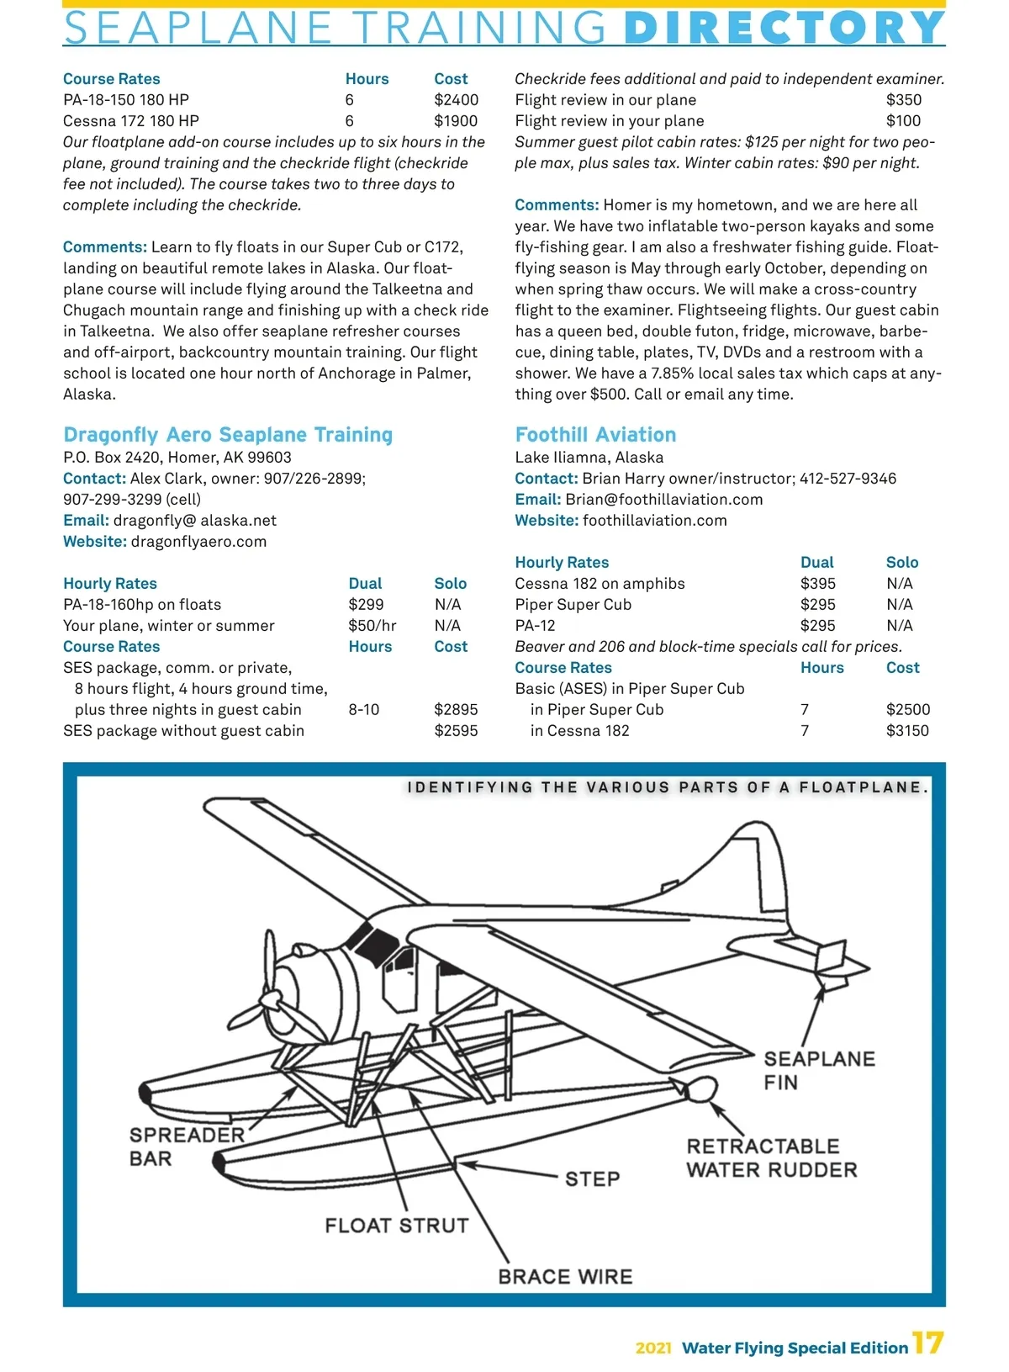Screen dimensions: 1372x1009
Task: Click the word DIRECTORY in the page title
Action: [784, 28]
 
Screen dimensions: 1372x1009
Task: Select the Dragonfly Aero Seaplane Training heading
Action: [228, 435]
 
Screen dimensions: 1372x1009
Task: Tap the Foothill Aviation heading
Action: [595, 435]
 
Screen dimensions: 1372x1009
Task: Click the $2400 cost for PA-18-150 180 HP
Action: [456, 100]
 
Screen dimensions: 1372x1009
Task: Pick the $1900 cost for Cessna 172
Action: [456, 121]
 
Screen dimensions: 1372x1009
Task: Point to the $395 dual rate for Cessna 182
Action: [817, 584]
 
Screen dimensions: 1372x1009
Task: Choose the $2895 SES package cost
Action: [456, 710]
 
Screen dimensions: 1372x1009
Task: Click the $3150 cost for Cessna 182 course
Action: [907, 731]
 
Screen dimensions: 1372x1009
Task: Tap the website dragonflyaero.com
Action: [198, 542]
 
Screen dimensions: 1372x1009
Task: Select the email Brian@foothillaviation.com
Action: [663, 500]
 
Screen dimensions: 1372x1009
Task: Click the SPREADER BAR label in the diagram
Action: [186, 1147]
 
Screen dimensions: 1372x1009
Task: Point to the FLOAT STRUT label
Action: [397, 1226]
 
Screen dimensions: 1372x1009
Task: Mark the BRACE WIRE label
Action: [565, 1277]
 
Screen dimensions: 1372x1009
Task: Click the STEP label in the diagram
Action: [592, 1179]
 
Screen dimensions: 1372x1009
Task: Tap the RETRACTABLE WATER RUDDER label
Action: [771, 1158]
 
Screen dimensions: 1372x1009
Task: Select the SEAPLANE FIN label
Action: [818, 1070]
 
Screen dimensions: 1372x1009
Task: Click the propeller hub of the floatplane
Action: [271, 1000]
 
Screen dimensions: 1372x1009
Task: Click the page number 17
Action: [927, 1343]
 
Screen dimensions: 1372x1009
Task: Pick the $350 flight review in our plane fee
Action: [903, 100]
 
